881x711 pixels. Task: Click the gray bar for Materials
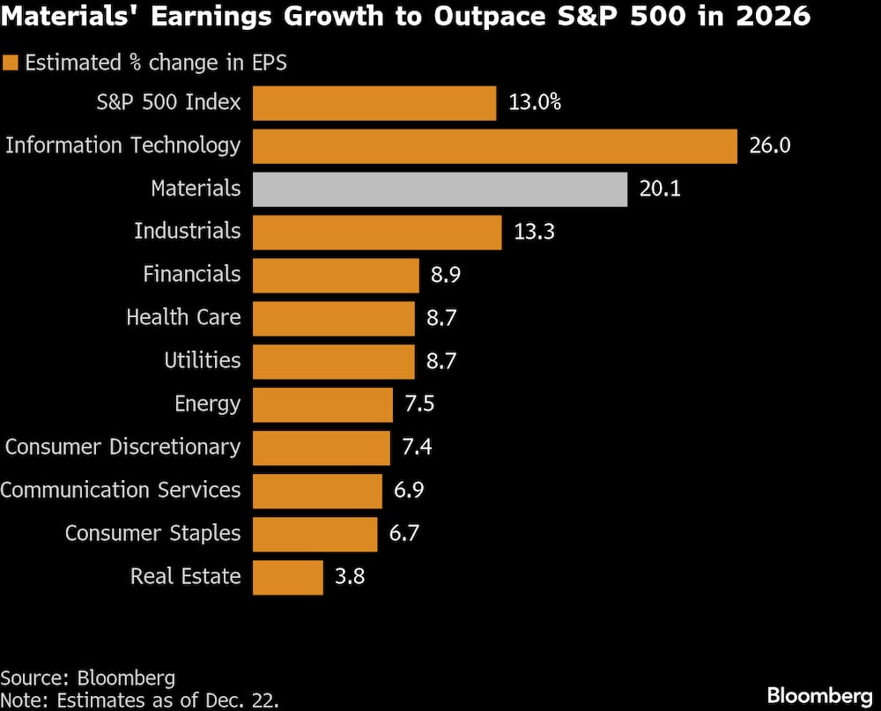point(440,189)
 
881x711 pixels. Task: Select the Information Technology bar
point(494,146)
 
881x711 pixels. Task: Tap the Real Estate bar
point(288,577)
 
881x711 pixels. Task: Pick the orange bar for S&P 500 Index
point(374,103)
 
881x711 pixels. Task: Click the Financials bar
point(336,276)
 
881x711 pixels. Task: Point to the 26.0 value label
point(770,146)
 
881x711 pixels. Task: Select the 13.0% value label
point(535,103)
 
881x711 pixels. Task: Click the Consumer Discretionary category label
point(122,448)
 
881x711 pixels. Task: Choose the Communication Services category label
point(120,491)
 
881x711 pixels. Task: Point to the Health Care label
point(183,317)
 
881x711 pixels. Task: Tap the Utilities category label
point(202,361)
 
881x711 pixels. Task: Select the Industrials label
point(187,232)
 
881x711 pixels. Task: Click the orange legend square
point(11,63)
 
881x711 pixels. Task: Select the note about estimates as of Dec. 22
point(140,700)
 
